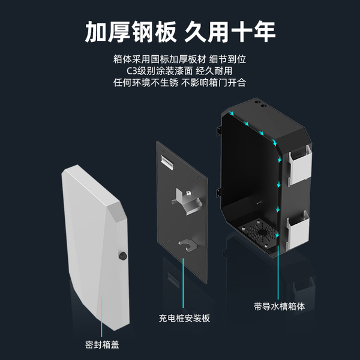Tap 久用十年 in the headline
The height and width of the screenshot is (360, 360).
(x=230, y=32)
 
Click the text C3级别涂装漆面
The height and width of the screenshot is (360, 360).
(x=157, y=71)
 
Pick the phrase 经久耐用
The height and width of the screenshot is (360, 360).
(x=218, y=71)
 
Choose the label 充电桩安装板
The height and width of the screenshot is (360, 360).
(x=185, y=318)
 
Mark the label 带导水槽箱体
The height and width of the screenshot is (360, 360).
(x=280, y=305)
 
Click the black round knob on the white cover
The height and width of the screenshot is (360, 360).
(x=124, y=256)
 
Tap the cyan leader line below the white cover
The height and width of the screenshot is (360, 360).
(x=103, y=315)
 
